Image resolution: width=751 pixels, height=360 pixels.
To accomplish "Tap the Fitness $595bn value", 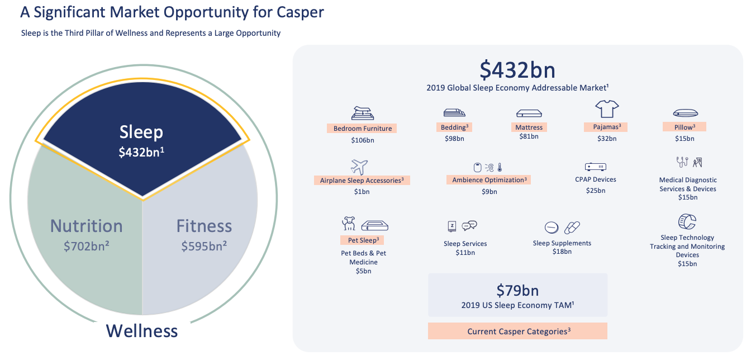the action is point(204,246).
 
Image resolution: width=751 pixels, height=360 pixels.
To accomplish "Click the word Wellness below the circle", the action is point(142,331).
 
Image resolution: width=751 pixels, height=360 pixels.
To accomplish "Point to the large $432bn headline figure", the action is point(517,70).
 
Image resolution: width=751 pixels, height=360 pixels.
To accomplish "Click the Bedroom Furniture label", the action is point(363,129).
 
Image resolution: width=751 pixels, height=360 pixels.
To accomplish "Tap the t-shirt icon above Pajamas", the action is point(607,108).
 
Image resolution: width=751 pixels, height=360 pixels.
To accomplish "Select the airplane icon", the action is point(359,167).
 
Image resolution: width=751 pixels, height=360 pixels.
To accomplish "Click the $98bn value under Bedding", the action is point(454,139).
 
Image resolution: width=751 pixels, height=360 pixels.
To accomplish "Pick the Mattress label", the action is point(529,127).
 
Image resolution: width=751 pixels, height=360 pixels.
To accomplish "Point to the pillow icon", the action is point(685,113).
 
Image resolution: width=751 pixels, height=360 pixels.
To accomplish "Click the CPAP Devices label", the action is point(596,179).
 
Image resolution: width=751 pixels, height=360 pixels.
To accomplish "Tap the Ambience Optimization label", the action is point(489,180).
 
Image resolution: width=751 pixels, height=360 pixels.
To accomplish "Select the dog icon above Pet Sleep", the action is point(349,224).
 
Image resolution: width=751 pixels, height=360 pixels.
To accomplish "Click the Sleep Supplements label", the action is point(562,243).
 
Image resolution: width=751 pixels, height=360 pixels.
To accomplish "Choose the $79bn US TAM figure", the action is point(517,291).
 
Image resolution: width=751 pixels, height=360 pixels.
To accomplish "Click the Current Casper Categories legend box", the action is point(517,331).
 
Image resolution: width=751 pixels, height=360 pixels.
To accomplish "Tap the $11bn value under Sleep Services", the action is point(465,253).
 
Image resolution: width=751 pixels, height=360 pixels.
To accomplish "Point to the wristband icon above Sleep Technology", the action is point(687,222).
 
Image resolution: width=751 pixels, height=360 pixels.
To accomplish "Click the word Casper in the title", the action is point(300,13).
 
